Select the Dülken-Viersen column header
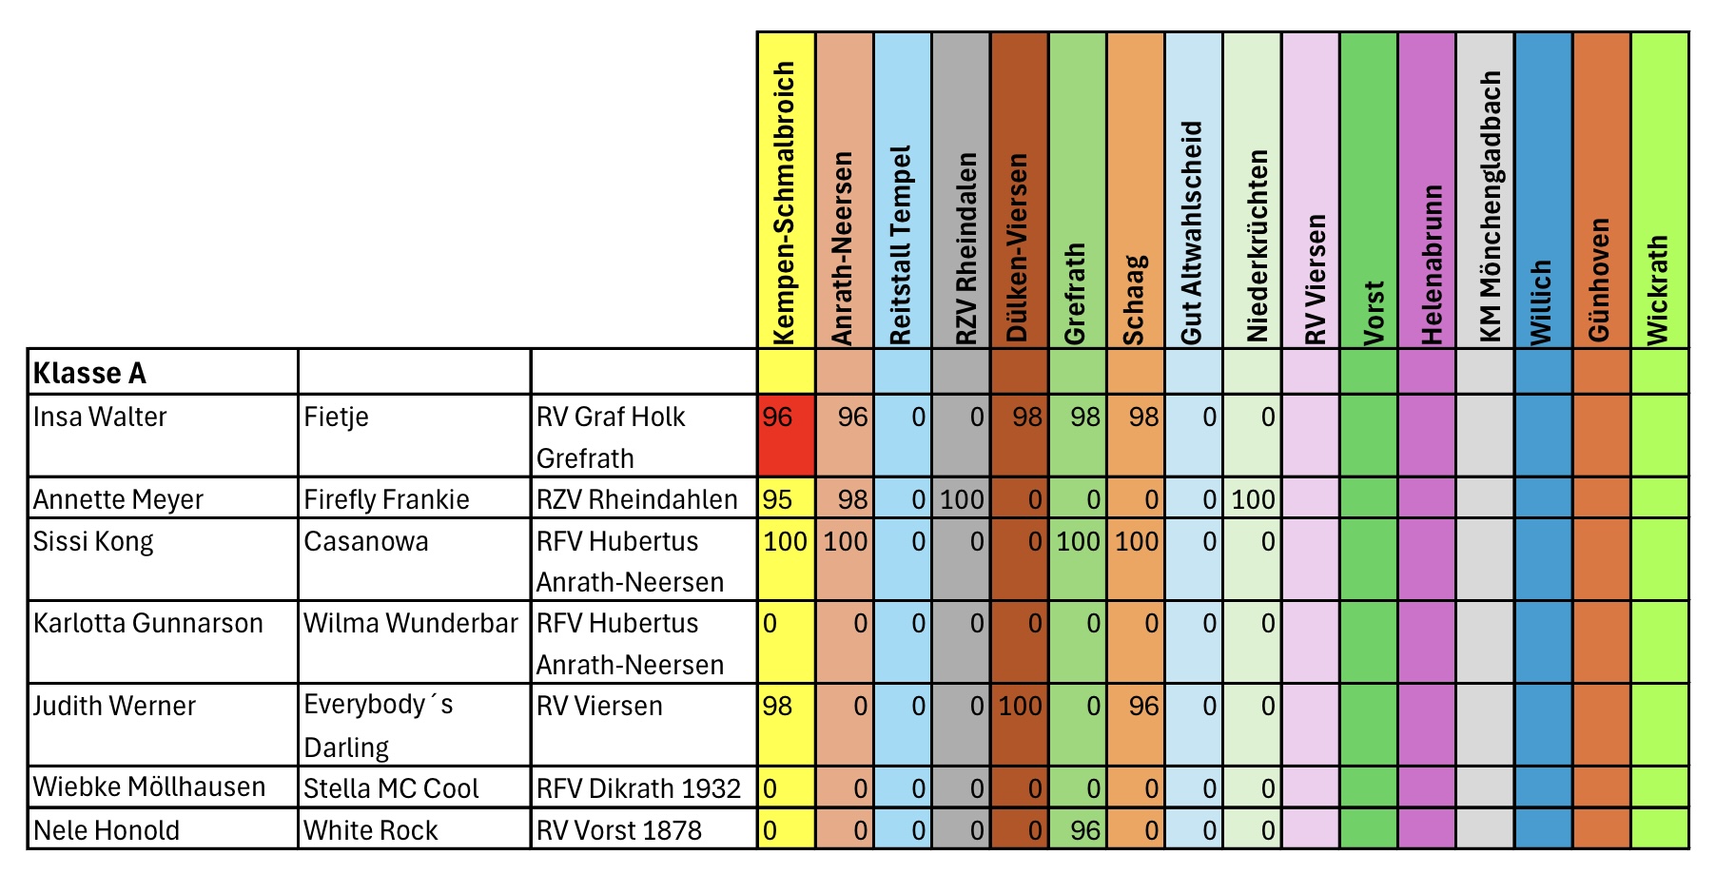click(x=1018, y=247)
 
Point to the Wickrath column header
click(x=1658, y=289)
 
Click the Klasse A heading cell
click(x=90, y=373)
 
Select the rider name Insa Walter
click(x=100, y=418)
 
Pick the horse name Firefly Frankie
click(x=386, y=499)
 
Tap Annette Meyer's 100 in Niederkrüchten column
click(x=1253, y=499)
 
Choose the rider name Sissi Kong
click(x=93, y=541)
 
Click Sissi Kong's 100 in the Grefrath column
click(x=1078, y=541)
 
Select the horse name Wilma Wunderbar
click(x=410, y=624)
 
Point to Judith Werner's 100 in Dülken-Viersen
click(x=1020, y=706)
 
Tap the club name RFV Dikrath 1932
click(x=638, y=788)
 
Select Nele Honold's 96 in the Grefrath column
click(x=1084, y=830)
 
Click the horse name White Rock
click(x=371, y=830)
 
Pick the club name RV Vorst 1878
click(x=618, y=830)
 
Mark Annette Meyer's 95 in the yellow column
click(x=777, y=499)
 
